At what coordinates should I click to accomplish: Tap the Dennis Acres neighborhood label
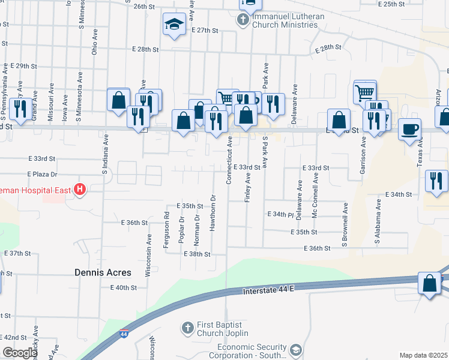103,272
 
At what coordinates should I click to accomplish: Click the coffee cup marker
409,129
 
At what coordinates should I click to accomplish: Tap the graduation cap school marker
174,25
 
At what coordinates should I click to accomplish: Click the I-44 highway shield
124,334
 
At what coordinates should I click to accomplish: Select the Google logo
19,353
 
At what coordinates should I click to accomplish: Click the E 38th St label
197,254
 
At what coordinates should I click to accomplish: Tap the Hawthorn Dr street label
212,212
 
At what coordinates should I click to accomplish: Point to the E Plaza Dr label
42,174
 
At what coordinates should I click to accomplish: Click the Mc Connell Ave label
314,197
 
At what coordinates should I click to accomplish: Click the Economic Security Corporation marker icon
295,350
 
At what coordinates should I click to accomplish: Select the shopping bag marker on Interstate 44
430,284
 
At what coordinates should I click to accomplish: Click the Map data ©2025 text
424,355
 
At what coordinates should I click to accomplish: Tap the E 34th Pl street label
280,214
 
